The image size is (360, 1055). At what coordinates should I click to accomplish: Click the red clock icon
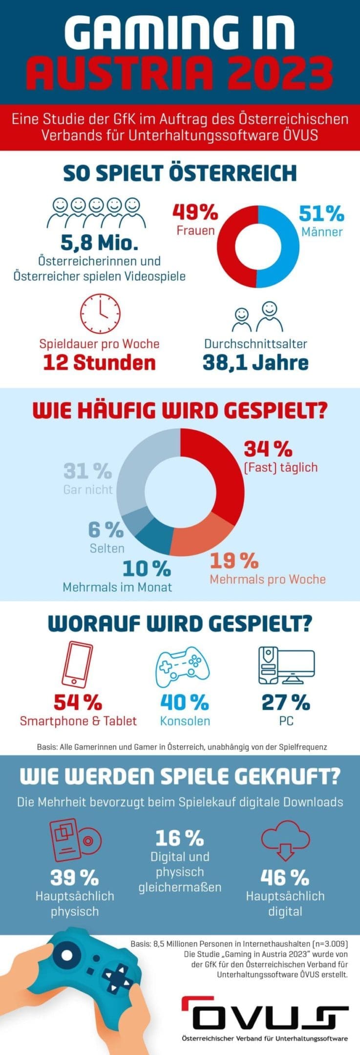[100, 314]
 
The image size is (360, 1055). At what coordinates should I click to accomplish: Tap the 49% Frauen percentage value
[195, 212]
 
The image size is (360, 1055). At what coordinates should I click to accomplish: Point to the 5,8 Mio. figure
[99, 242]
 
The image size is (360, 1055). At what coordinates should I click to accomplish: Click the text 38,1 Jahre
[255, 363]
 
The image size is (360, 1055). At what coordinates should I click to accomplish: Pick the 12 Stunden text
[99, 363]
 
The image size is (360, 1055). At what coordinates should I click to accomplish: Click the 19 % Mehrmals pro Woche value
[234, 561]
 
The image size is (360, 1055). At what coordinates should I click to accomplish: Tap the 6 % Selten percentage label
[106, 529]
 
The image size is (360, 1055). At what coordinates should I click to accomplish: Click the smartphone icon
[77, 665]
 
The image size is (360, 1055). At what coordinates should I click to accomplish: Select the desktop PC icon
[286, 665]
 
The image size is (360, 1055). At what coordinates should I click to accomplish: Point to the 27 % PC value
[286, 702]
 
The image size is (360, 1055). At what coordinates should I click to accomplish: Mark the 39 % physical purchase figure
[74, 878]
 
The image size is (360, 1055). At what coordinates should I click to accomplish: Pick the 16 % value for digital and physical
[179, 838]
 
